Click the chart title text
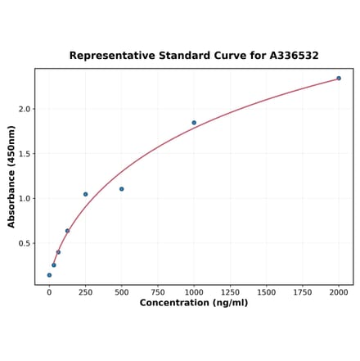pos(194,56)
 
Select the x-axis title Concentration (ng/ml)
pos(194,303)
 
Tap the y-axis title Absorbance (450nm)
pos(11,177)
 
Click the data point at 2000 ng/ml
pos(339,79)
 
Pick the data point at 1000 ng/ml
pos(194,123)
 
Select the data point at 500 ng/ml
pos(122,189)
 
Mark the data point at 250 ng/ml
pos(85,194)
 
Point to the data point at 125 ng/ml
pos(67,231)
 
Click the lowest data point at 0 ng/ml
pos(49,275)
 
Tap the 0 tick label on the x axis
pos(49,291)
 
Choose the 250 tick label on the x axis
pos(85,291)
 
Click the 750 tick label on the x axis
pos(158,291)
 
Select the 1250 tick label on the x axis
pos(230,291)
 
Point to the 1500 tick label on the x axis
pos(266,291)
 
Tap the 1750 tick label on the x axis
pos(303,291)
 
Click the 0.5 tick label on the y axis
pos(25,243)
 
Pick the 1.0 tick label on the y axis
pos(25,199)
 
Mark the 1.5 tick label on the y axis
pos(25,154)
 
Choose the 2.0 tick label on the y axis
pos(25,109)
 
